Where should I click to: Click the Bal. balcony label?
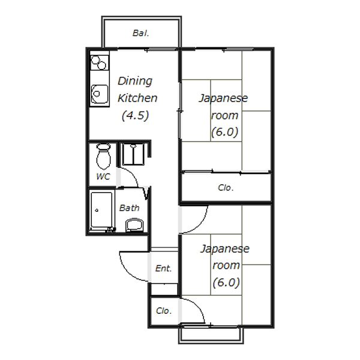pos(141,33)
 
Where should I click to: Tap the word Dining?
pos(135,81)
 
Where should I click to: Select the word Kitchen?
pos(137,98)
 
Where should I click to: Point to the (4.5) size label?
pos(135,115)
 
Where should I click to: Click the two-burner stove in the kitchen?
pos(99,62)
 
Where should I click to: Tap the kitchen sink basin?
pos(100,94)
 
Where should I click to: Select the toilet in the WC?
pos(104,156)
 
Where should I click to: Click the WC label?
pos(103,176)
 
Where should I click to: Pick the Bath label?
pos(129,208)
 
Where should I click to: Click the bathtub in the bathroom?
pos(101,211)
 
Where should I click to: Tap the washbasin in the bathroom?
pos(134,225)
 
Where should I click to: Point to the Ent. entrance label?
pos(163,268)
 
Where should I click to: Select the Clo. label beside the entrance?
pos(164,311)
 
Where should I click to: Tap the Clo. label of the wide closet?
pos(226,188)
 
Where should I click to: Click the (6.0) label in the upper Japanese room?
pos(224,132)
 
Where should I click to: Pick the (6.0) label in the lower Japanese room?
pos(226,283)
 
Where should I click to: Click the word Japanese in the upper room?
pos(223,99)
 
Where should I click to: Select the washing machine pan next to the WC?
pos(133,154)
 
